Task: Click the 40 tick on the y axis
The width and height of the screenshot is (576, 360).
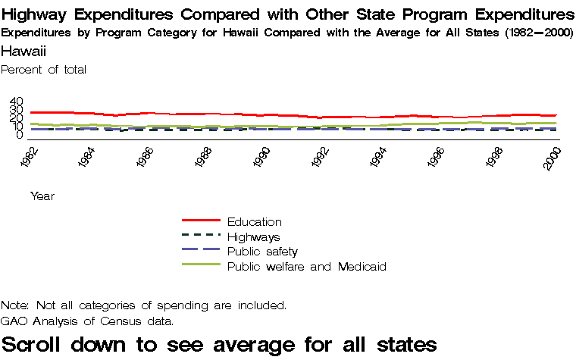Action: click(x=17, y=102)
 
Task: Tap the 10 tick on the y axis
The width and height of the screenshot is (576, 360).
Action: click(x=17, y=129)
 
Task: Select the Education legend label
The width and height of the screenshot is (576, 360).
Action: click(x=254, y=222)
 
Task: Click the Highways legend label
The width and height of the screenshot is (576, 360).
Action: click(x=253, y=237)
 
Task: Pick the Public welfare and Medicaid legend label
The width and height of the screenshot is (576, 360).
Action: click(x=307, y=267)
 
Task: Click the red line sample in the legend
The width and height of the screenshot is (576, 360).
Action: click(x=201, y=221)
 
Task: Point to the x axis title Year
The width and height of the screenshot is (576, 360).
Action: click(x=42, y=196)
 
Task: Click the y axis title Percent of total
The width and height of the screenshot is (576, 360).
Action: click(x=44, y=70)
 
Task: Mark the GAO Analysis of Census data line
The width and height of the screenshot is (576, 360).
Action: click(x=87, y=321)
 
